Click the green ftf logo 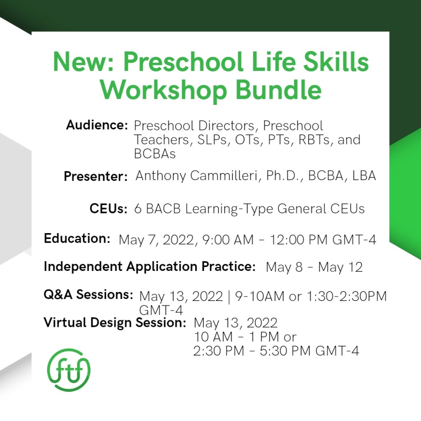(x=69, y=370)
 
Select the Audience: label (x=97, y=125)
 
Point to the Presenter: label (x=95, y=176)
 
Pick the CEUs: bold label (x=109, y=208)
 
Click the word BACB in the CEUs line (x=163, y=209)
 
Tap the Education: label (x=77, y=238)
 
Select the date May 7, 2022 (x=157, y=240)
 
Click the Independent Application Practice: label (x=150, y=267)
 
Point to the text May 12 (x=340, y=267)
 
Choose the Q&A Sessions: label (x=88, y=294)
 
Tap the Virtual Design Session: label (x=115, y=322)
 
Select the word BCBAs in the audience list (x=155, y=154)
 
